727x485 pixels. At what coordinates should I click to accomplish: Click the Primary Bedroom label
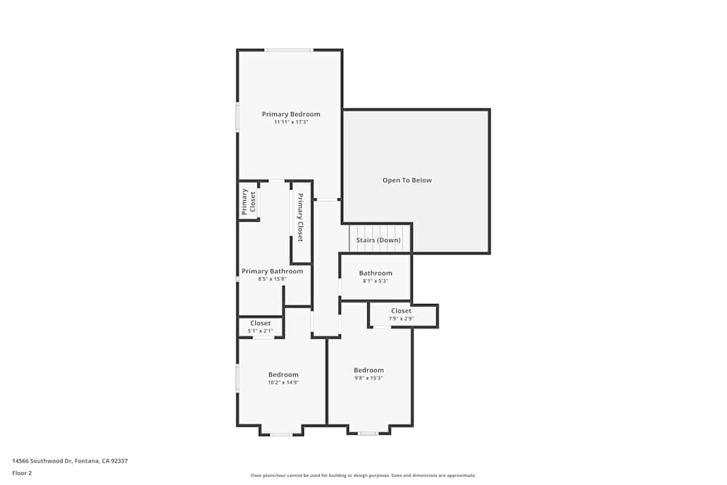(291, 114)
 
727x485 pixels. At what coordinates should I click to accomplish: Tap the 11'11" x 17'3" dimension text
(291, 122)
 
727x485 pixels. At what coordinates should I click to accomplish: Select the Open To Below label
(407, 180)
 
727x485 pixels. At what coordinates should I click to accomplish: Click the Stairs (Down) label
(378, 240)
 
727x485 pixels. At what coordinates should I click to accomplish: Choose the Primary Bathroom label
(272, 271)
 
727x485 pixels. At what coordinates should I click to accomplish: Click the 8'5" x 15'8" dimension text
(272, 279)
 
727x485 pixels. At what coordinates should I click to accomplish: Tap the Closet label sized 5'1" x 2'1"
(260, 323)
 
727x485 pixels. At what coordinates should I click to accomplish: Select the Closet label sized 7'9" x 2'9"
(401, 311)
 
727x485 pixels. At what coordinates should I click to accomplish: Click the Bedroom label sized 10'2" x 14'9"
(284, 374)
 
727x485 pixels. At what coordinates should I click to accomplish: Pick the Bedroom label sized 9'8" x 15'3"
(369, 370)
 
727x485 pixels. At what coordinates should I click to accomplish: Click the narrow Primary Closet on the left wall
(249, 201)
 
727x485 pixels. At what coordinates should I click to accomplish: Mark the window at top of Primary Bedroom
(289, 49)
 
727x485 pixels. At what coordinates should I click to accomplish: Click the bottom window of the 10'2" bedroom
(281, 435)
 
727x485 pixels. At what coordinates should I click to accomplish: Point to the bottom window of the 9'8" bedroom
(368, 433)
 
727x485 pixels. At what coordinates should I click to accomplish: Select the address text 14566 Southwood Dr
(70, 460)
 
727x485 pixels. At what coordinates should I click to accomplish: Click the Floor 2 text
(22, 473)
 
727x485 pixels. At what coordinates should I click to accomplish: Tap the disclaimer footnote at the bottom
(363, 476)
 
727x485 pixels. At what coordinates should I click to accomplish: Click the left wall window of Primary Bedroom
(238, 117)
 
